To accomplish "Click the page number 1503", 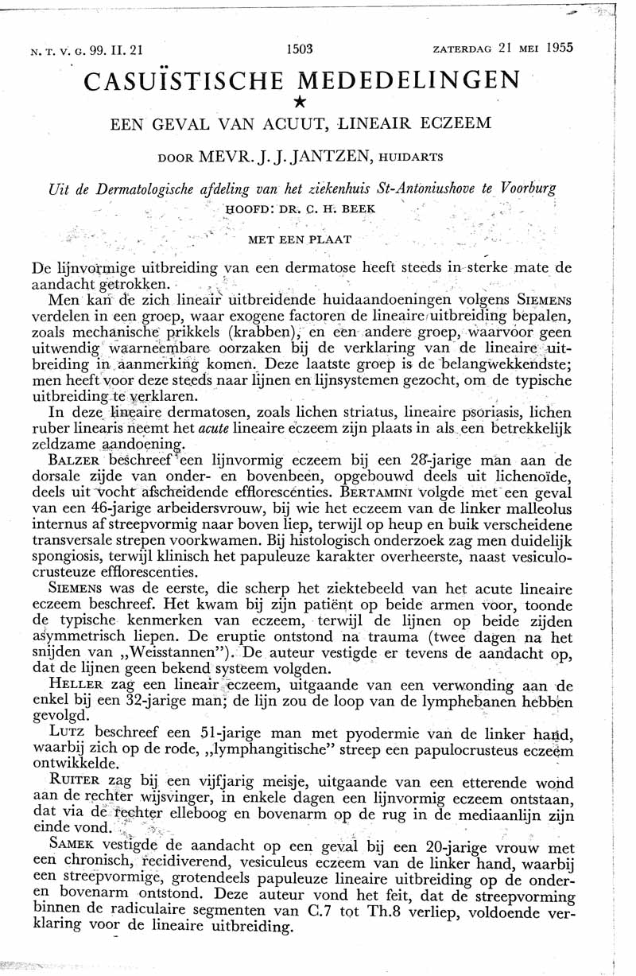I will [x=299, y=48].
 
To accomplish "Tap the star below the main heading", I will [x=299, y=101].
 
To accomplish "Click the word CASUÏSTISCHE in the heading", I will [x=184, y=80].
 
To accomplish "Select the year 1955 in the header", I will [x=560, y=47].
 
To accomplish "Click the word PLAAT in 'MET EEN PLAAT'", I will [x=331, y=239].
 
